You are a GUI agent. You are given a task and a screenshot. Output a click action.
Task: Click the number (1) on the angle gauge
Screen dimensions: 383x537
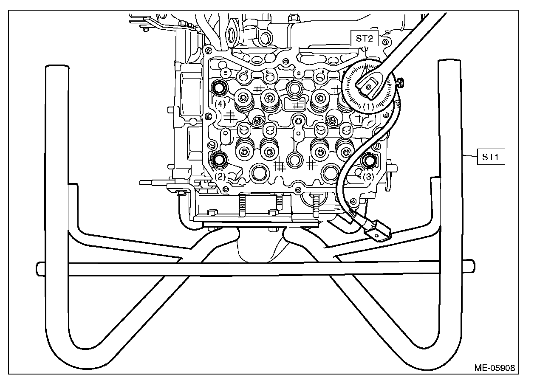(369, 107)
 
